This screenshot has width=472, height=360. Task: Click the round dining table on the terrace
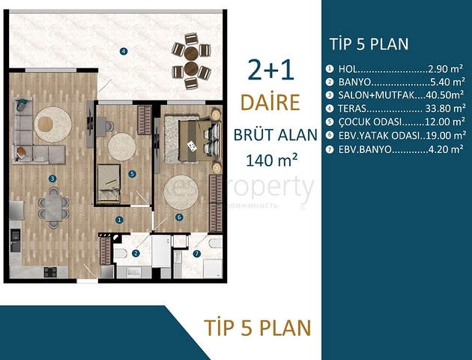tap(192, 60)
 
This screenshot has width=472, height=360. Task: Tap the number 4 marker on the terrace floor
tap(123, 51)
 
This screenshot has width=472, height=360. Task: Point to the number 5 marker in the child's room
tap(132, 174)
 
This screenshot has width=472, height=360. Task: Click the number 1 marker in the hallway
tap(119, 220)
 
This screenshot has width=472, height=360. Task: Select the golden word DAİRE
tap(270, 102)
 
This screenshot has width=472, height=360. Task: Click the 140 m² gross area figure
tap(271, 159)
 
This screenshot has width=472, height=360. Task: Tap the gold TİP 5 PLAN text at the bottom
tap(257, 328)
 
